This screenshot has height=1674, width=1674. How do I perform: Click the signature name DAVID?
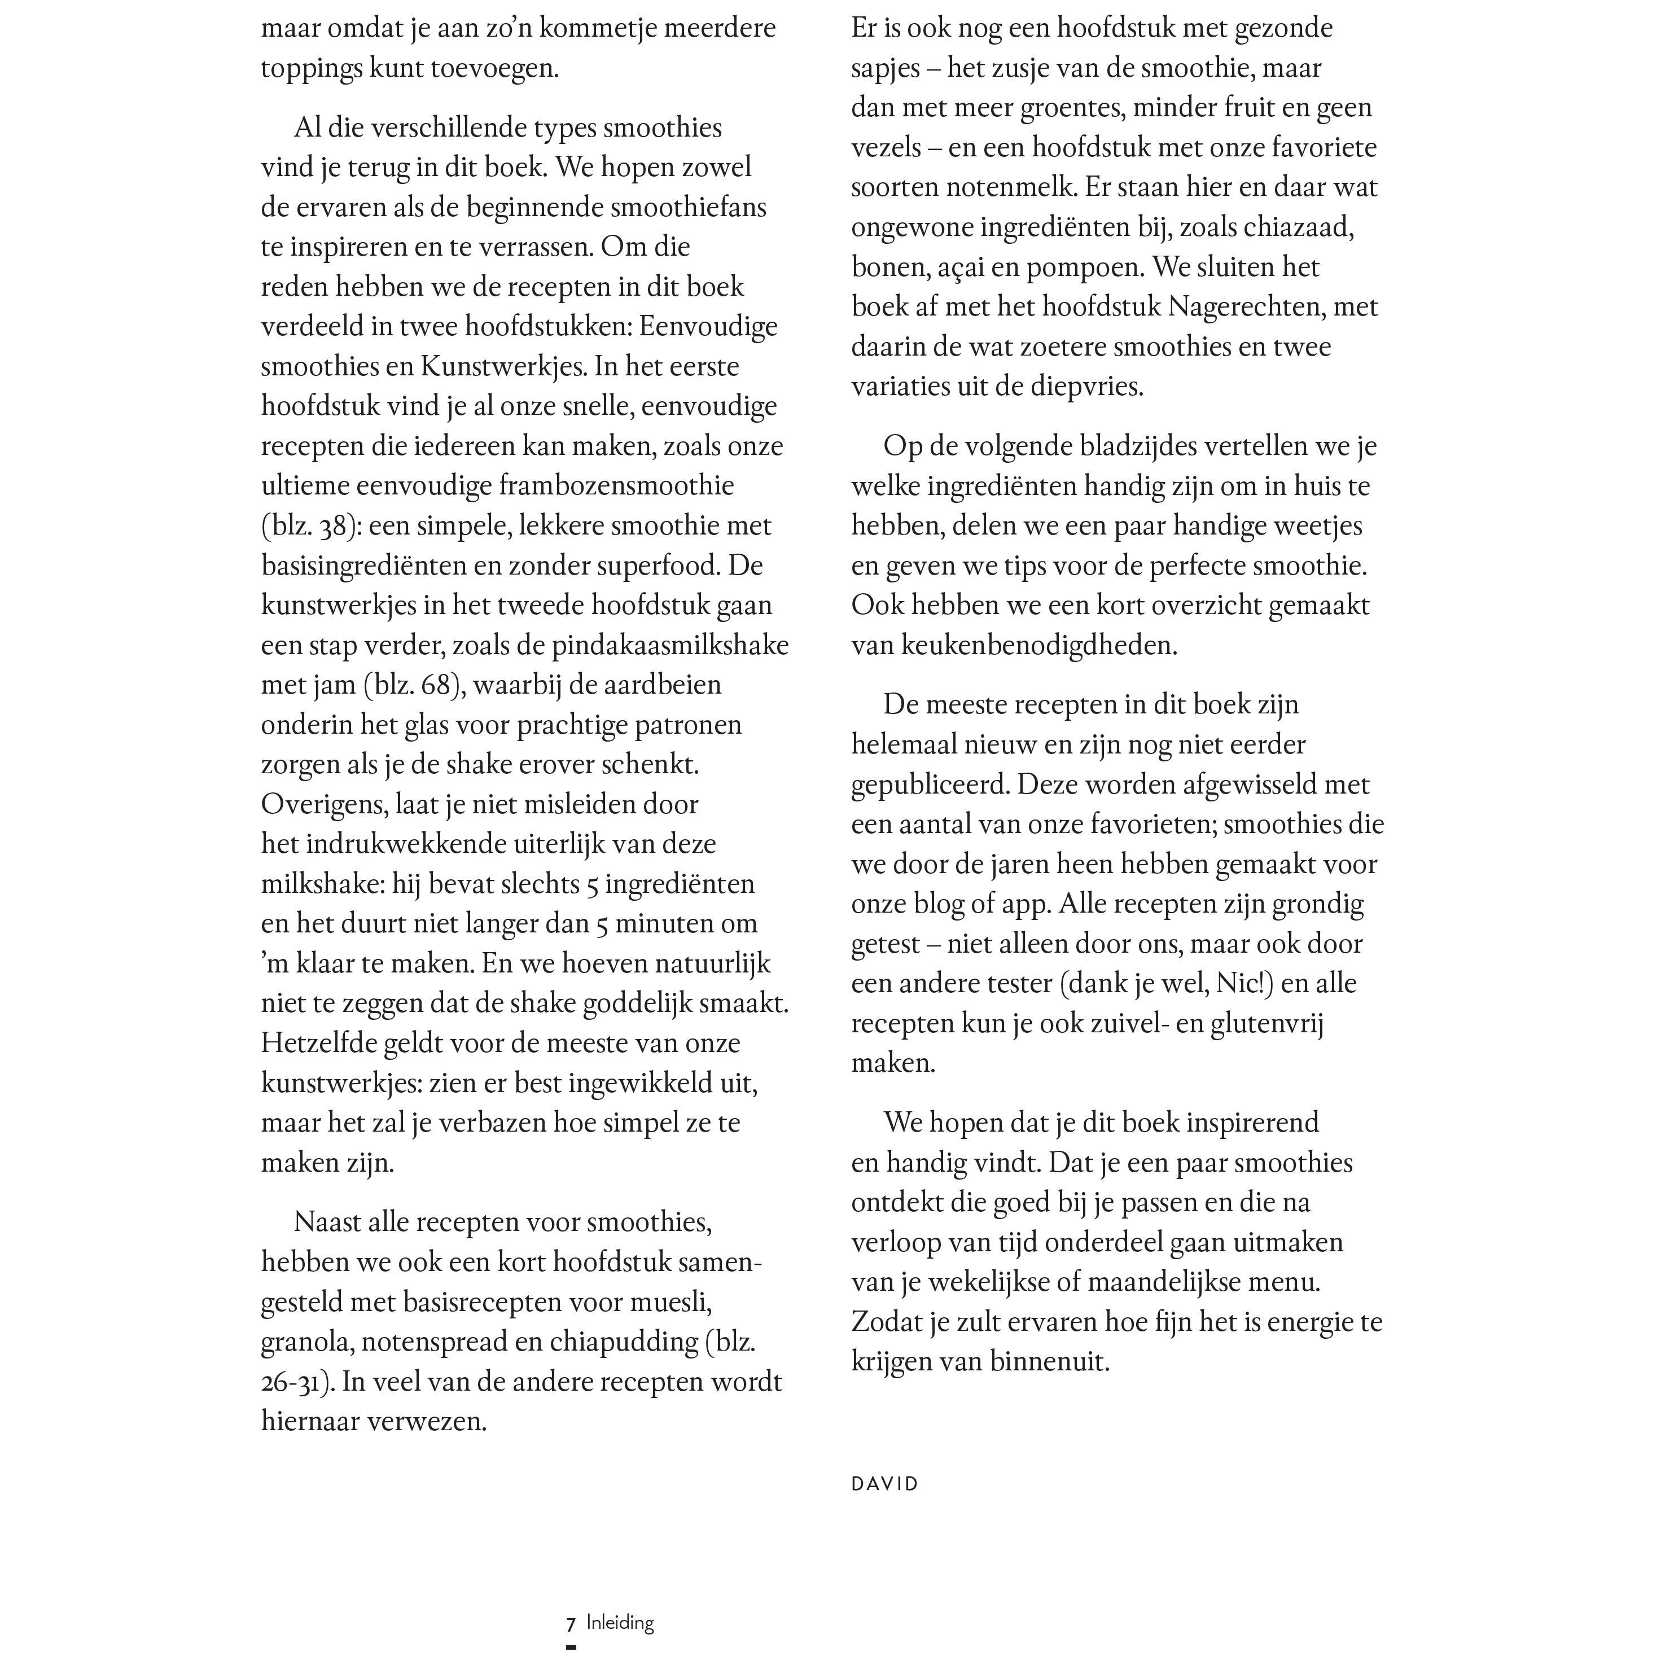coord(884,1483)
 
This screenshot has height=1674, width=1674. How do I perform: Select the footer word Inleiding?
coord(620,1623)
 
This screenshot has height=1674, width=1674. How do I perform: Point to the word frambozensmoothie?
coord(616,486)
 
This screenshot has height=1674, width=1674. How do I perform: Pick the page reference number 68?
coord(435,685)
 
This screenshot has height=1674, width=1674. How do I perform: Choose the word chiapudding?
coord(624,1342)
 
